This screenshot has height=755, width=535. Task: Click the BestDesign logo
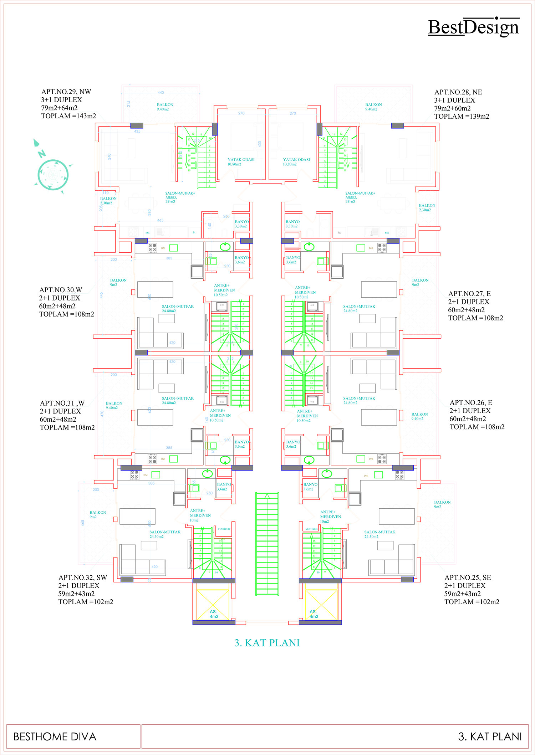(473, 27)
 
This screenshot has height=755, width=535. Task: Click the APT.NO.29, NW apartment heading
(66, 92)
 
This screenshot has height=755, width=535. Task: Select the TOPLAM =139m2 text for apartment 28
(462, 117)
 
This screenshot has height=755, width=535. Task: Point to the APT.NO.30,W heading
(61, 290)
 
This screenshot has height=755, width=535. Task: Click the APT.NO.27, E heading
(469, 294)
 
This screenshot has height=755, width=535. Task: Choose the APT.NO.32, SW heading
(83, 578)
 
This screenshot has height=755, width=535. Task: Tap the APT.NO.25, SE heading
(468, 578)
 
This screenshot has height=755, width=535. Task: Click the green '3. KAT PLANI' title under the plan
(267, 643)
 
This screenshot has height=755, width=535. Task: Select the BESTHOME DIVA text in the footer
(55, 737)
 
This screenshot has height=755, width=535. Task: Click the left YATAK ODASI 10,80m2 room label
(241, 162)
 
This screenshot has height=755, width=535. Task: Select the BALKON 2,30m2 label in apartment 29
(108, 201)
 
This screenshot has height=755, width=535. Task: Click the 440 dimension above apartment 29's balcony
(161, 93)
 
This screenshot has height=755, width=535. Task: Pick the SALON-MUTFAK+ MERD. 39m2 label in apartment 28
(360, 197)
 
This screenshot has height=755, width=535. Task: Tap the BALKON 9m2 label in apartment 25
(442, 504)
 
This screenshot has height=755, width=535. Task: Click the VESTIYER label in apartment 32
(224, 529)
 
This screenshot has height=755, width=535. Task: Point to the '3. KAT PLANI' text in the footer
(490, 737)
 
